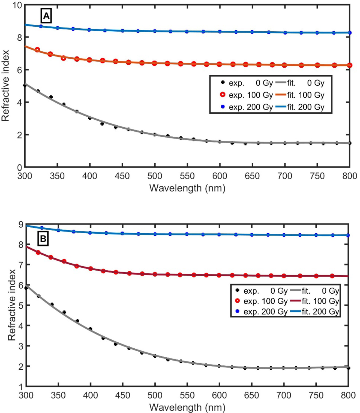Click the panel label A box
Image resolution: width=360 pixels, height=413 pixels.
(46, 16)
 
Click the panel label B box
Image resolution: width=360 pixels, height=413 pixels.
(43, 239)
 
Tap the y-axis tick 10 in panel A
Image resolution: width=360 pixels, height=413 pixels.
(17, 5)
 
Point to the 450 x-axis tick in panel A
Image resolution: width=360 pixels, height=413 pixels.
(122, 176)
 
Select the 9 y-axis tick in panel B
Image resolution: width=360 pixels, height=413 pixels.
(21, 225)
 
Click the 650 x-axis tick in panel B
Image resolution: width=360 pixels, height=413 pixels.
(251, 395)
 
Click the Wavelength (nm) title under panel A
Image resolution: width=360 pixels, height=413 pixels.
(187, 188)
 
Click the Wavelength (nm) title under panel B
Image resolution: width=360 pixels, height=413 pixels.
(187, 407)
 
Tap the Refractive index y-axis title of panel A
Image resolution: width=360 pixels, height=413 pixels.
(5, 86)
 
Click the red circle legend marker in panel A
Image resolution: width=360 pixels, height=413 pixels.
(223, 95)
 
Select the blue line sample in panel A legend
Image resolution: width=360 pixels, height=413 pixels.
(281, 107)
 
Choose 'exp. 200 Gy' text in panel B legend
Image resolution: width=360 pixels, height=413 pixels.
(265, 312)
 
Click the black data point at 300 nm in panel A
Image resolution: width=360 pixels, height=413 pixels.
(25, 86)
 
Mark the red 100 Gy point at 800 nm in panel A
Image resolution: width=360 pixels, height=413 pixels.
(350, 65)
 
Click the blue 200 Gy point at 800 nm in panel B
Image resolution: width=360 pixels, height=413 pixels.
(348, 235)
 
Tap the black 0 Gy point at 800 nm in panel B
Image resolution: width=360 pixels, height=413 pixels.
(348, 368)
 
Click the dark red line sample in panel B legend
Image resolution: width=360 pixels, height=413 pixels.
(295, 301)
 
